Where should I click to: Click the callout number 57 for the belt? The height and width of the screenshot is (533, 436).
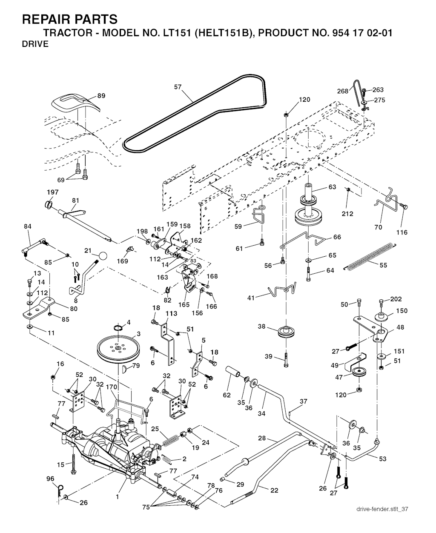(x=178, y=87)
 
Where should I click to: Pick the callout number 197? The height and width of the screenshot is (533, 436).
(x=52, y=192)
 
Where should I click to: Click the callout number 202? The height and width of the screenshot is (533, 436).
(x=396, y=299)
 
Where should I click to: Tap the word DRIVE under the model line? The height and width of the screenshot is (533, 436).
(x=35, y=44)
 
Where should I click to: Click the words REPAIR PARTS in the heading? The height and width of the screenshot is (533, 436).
(x=69, y=19)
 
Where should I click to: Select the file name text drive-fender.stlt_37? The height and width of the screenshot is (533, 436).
(x=383, y=509)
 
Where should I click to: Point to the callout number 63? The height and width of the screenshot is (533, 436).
(x=332, y=187)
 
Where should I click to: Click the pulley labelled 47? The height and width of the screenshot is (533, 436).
(x=359, y=373)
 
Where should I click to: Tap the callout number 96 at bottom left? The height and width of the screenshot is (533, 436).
(x=50, y=479)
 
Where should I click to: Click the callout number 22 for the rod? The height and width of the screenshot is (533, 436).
(x=274, y=490)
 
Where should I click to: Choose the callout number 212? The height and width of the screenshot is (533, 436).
(x=347, y=214)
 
